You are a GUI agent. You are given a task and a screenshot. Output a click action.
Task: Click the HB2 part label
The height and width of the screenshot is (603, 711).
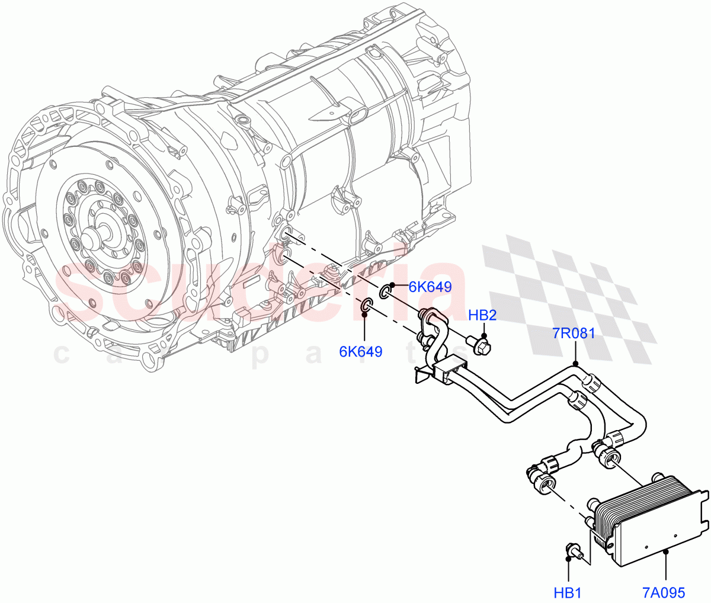pyautogui.click(x=482, y=315)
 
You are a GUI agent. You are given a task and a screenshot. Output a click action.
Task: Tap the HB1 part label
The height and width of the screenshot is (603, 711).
pyautogui.click(x=568, y=592)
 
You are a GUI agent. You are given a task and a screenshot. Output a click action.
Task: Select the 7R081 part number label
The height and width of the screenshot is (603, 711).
pyautogui.click(x=574, y=333)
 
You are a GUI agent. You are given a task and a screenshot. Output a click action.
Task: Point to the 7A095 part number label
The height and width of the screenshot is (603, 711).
pyautogui.click(x=663, y=592)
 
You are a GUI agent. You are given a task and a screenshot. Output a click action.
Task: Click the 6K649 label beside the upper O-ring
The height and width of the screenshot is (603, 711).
pyautogui.click(x=430, y=287)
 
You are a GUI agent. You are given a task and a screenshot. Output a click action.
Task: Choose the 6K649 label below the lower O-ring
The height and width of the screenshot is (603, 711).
pyautogui.click(x=360, y=351)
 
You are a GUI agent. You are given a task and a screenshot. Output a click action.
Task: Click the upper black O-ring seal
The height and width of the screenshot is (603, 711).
pyautogui.click(x=386, y=291)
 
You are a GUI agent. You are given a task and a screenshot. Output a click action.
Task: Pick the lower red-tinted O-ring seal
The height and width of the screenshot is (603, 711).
pyautogui.click(x=366, y=306)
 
